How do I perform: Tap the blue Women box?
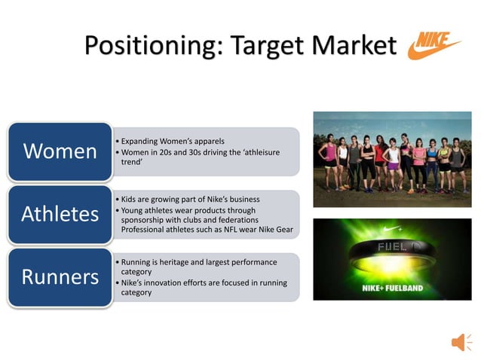click(60, 151)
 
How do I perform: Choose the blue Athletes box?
click(60, 214)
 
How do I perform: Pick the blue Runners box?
click(60, 276)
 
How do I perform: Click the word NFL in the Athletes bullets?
click(242, 229)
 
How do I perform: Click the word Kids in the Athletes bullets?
click(130, 200)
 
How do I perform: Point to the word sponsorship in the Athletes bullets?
click(142, 220)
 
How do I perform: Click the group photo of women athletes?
click(392, 153)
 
